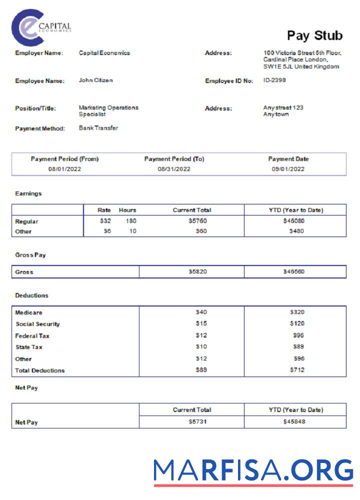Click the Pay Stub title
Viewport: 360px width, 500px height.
(x=314, y=35)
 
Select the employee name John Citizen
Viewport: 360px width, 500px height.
(x=96, y=80)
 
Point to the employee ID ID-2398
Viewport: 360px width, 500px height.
(x=274, y=80)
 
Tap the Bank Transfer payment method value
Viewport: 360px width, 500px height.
(x=98, y=128)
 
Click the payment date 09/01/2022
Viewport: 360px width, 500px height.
(x=288, y=169)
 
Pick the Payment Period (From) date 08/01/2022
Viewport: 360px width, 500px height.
(x=64, y=169)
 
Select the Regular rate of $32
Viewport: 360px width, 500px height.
(x=105, y=220)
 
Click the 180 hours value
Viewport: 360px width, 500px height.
(x=130, y=220)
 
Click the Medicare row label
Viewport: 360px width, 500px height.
(x=28, y=312)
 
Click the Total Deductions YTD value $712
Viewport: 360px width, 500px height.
(x=296, y=370)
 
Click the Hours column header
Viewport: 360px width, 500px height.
(x=127, y=210)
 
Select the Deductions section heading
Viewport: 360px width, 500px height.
(x=31, y=295)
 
